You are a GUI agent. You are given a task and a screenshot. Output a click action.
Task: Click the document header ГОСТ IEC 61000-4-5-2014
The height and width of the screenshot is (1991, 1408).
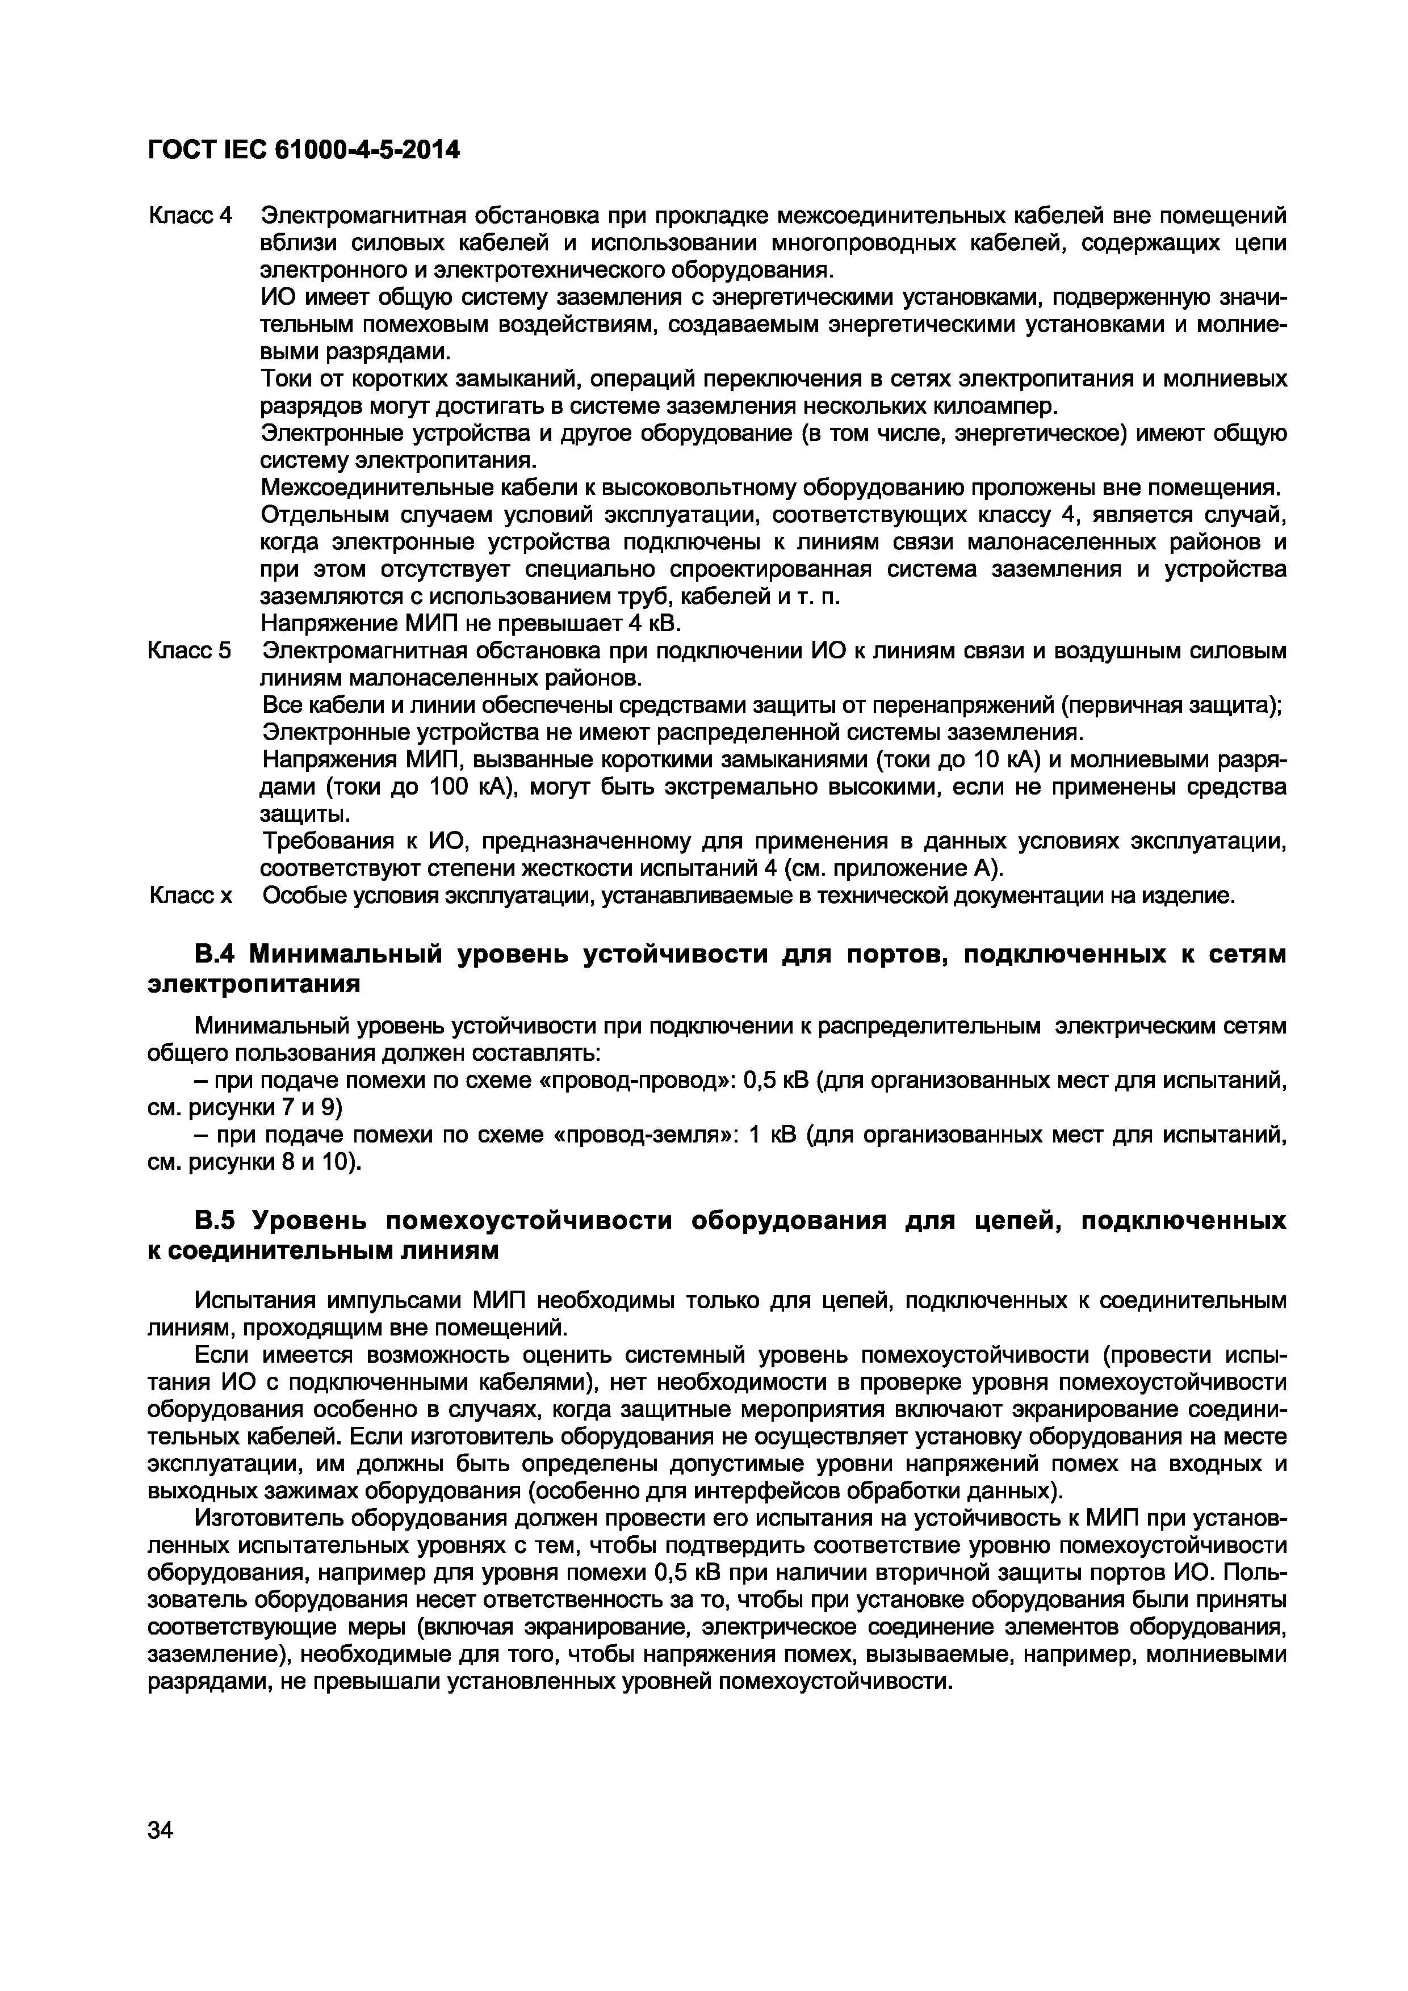coord(303,150)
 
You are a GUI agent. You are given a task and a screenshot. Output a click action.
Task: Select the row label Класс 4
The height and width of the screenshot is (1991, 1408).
coord(191,215)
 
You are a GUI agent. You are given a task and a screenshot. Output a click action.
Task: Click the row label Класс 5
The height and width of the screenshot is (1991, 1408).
coord(191,650)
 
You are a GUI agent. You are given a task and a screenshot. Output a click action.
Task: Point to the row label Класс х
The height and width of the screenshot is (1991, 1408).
coord(191,895)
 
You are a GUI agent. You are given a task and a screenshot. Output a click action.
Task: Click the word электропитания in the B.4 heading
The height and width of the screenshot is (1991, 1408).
coord(253,984)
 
